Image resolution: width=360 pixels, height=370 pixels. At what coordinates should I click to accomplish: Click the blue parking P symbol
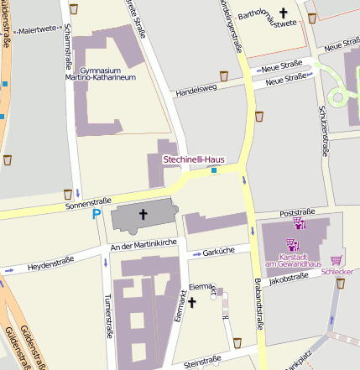point(97,215)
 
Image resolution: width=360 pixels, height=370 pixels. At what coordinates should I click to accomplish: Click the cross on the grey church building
point(143,215)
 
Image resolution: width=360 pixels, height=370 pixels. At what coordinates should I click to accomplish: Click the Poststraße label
point(295,213)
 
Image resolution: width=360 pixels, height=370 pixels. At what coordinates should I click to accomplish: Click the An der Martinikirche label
point(143,244)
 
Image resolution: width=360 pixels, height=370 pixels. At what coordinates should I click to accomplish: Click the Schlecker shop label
point(337,273)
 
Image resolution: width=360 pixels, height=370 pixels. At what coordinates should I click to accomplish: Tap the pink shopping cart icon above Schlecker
point(337,260)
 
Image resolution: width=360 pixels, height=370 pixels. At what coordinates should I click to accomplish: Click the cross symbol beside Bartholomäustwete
point(283,13)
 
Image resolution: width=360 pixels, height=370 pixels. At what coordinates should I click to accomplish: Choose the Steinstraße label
point(201,362)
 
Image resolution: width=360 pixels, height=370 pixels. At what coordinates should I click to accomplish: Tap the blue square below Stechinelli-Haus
point(214,171)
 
